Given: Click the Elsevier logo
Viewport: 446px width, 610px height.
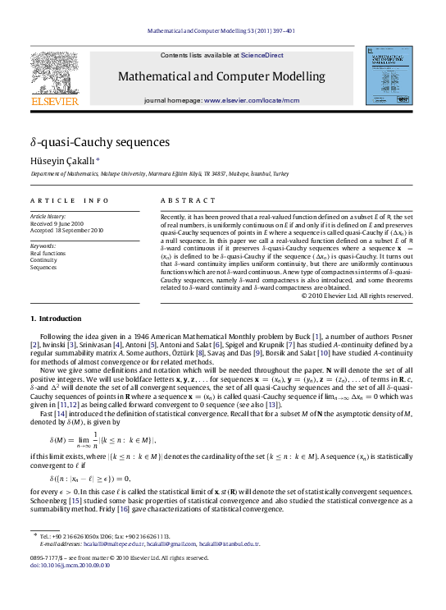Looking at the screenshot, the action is pyautogui.click(x=56, y=79).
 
